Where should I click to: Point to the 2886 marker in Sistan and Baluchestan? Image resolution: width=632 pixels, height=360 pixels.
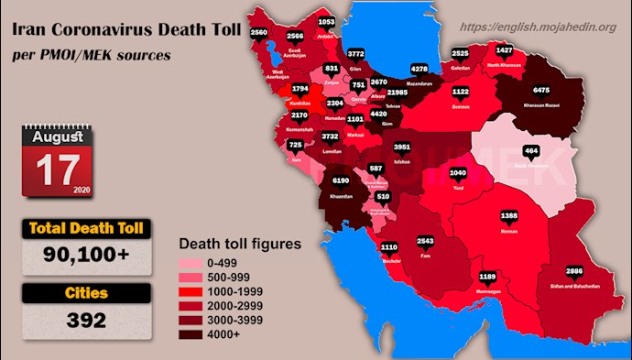[574, 272]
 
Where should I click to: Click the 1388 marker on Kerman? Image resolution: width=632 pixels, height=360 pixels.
[510, 215]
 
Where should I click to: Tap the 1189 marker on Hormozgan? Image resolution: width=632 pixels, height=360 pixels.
[488, 276]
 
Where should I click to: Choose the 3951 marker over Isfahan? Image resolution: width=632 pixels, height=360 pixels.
[401, 147]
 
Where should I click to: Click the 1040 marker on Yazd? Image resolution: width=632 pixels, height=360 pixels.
[459, 173]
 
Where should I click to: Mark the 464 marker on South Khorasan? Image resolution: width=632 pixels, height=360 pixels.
[530, 150]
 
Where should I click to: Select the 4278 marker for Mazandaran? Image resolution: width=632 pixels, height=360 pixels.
[420, 69]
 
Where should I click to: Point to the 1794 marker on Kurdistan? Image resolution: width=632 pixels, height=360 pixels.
[300, 90]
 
